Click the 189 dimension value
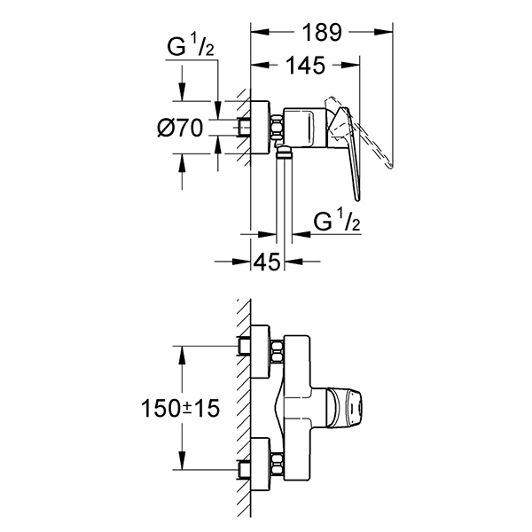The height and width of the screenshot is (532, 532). [x=322, y=33]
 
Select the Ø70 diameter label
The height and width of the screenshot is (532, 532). [x=183, y=129]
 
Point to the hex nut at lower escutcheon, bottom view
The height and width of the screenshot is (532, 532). [x=276, y=463]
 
